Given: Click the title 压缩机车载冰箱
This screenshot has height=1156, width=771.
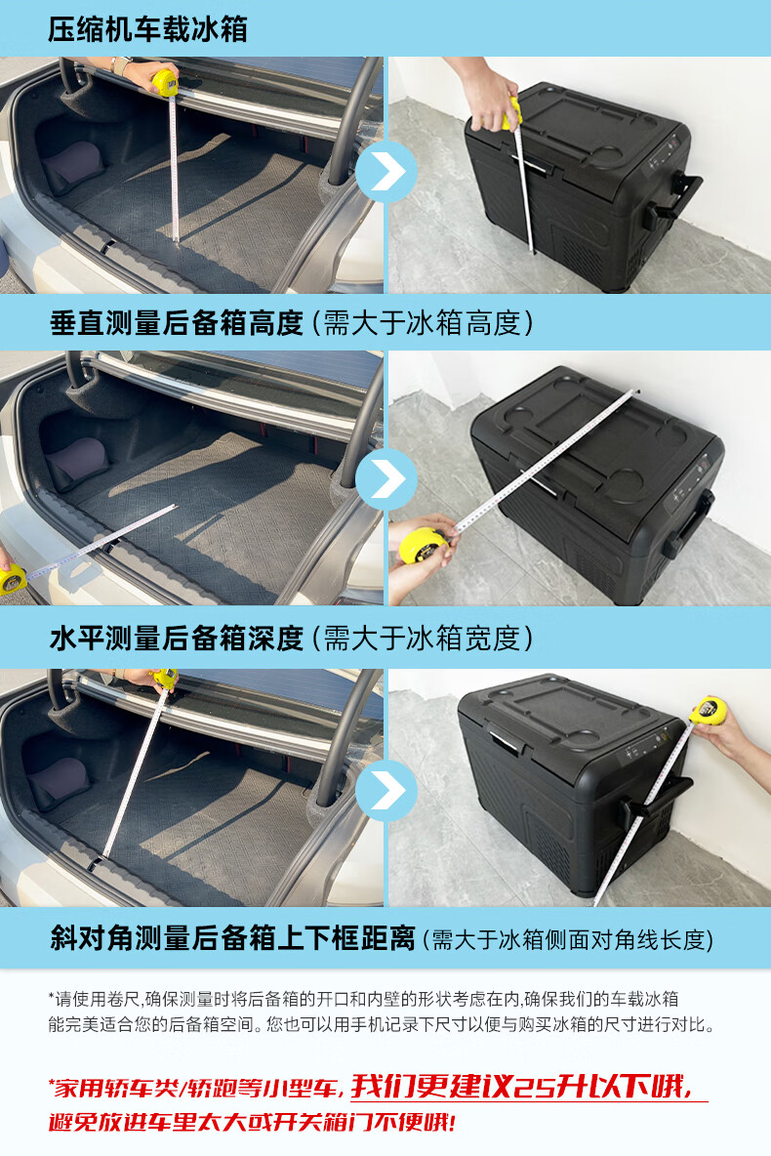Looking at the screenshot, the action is click(147, 29).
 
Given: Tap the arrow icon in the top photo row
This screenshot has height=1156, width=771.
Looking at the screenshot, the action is click(386, 172).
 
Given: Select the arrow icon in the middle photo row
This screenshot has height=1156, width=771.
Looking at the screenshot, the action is click(386, 479).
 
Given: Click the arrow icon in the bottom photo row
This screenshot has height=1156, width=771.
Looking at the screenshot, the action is click(386, 790).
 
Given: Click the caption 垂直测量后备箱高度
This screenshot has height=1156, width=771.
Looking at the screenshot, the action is click(177, 323).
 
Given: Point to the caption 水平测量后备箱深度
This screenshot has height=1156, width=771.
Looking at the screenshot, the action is click(177, 639).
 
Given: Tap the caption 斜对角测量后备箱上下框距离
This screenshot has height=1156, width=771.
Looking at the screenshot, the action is click(233, 938).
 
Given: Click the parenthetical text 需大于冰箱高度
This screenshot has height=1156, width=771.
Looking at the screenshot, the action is click(423, 323).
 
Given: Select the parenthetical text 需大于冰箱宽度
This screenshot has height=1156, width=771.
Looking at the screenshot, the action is click(423, 640).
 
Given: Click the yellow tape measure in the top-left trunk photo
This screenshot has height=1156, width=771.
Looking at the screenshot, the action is click(166, 80).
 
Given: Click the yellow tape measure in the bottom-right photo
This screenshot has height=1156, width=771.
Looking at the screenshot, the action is click(709, 711).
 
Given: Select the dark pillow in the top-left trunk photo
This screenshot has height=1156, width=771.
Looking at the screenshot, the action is click(74, 167).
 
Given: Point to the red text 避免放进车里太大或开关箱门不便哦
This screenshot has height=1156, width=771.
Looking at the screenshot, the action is click(252, 1122).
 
